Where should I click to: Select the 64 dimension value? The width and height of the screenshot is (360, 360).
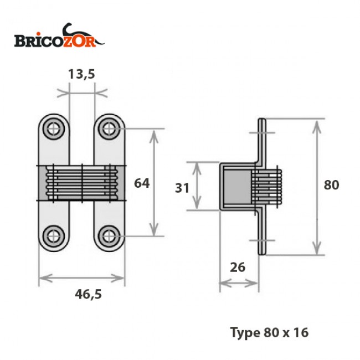pos(142,183)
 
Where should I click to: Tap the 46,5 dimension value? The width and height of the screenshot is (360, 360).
pos(89,294)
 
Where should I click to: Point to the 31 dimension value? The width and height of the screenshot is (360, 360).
pos(182,187)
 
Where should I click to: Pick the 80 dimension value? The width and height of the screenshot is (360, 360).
pos(331,185)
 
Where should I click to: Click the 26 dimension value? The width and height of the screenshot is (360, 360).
pos(237,267)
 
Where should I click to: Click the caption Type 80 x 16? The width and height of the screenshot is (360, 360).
pos(269,332)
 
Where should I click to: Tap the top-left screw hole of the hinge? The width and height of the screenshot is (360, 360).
pos(54,129)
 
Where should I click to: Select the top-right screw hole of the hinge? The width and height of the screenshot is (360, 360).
pos(109,129)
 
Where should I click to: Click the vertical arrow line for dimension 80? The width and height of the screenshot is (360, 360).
pos(317,186)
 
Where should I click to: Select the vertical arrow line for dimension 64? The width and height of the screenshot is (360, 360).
pos(154,183)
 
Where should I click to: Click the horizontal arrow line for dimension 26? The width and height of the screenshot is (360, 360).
pos(239,284)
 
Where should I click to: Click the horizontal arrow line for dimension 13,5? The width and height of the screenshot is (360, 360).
pos(81,92)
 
